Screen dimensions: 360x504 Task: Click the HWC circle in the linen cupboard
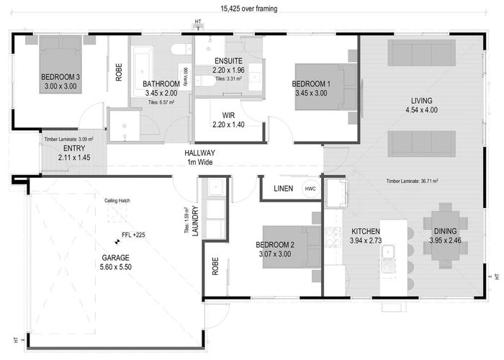coord(310,189)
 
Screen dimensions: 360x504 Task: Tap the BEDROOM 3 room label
coord(60,77)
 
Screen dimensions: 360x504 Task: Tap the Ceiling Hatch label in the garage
coord(117,201)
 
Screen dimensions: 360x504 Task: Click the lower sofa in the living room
coord(421,143)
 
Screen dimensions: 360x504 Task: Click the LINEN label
coord(283,189)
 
